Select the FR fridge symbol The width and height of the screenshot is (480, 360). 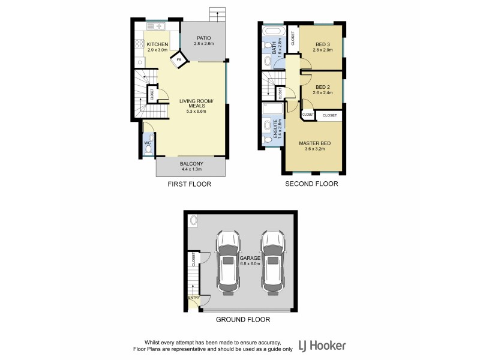coord(179,60)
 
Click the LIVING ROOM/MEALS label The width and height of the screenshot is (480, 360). coord(193,103)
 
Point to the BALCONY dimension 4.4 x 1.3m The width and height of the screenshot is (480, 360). coord(192,170)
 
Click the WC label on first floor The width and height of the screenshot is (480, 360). coord(147,143)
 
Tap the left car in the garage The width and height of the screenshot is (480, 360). coord(227,262)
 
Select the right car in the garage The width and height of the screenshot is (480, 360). coord(273,262)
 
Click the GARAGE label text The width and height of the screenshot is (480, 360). coord(250,257)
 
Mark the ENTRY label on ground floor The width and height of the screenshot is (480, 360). coord(193,298)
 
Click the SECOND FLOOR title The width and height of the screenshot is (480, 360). coord(311,184)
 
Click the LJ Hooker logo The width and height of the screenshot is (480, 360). coord(323,346)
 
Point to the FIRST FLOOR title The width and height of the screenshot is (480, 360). coord(189,184)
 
